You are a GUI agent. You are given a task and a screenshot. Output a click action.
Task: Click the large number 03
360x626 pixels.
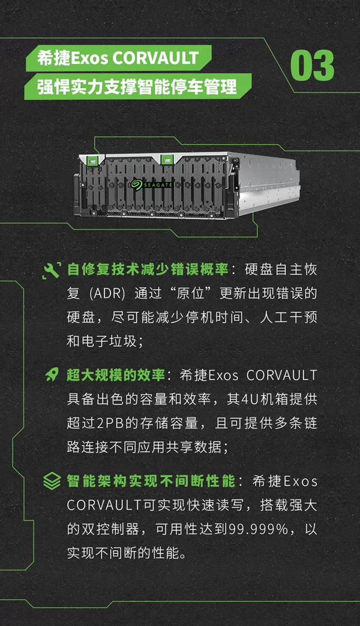(x=312, y=65)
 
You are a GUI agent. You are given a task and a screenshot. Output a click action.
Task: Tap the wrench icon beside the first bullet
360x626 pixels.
(x=52, y=270)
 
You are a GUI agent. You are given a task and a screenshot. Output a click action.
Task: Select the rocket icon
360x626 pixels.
(x=52, y=375)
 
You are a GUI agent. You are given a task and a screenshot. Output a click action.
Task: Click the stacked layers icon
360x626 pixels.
(x=52, y=481)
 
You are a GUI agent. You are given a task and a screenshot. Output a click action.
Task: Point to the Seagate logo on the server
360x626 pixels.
(x=151, y=185)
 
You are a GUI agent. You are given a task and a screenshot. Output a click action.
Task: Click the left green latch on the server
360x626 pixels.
(x=92, y=161)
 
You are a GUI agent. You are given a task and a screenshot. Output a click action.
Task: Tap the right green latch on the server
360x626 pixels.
(x=166, y=159)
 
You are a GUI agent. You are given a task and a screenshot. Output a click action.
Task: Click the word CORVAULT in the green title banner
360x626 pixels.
(x=155, y=58)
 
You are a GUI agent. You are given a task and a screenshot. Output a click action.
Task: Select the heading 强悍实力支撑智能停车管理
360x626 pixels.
(x=137, y=86)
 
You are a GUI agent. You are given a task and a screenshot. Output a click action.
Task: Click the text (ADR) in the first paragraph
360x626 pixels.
(x=107, y=293)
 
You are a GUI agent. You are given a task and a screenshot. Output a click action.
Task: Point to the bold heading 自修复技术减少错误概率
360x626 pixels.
(x=148, y=269)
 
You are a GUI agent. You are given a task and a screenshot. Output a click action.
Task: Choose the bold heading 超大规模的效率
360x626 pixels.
(x=115, y=375)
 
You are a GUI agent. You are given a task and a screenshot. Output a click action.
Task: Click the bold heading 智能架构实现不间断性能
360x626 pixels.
(x=151, y=481)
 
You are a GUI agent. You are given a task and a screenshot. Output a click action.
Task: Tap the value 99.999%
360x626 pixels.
(x=259, y=529)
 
